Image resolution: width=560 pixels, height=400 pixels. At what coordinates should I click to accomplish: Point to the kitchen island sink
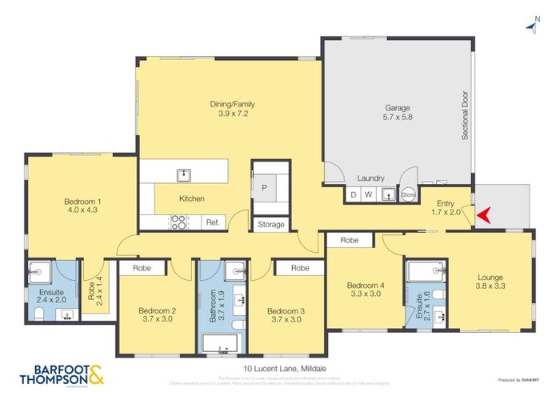[183, 174]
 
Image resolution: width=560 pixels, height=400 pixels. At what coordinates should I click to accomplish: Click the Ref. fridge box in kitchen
[213, 222]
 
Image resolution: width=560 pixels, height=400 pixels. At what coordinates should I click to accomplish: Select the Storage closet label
[270, 225]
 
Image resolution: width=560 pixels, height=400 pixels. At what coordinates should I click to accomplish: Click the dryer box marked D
[354, 194]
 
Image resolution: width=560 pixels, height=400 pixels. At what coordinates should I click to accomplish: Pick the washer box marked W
[368, 194]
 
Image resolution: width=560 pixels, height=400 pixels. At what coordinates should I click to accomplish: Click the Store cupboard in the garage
[409, 194]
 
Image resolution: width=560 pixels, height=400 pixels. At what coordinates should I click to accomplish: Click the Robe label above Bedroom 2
[142, 269]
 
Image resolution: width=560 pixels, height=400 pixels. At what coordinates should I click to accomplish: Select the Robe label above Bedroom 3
[300, 269]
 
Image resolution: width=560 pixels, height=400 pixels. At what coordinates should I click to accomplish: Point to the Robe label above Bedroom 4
[349, 240]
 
